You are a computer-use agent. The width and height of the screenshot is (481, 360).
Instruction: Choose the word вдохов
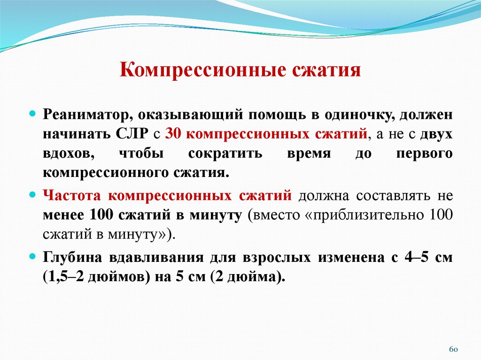[64, 154]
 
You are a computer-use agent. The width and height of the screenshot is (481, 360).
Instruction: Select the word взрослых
[272, 257]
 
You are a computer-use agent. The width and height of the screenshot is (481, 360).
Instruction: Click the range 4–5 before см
[406, 257]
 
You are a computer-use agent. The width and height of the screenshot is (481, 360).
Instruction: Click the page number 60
[453, 350]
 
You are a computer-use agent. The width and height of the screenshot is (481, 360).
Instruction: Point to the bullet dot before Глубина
[33, 257]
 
